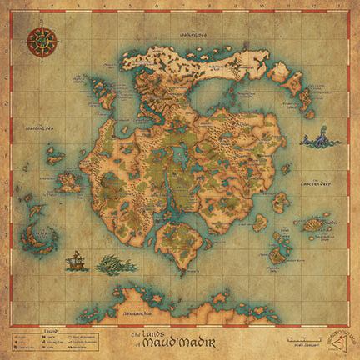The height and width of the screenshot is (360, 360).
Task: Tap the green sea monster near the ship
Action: (x=116, y=265)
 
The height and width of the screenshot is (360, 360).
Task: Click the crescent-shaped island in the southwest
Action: (x=41, y=237)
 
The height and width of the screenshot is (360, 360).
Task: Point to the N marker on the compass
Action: (x=42, y=28)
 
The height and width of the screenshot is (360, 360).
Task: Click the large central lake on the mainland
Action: (x=178, y=155)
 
